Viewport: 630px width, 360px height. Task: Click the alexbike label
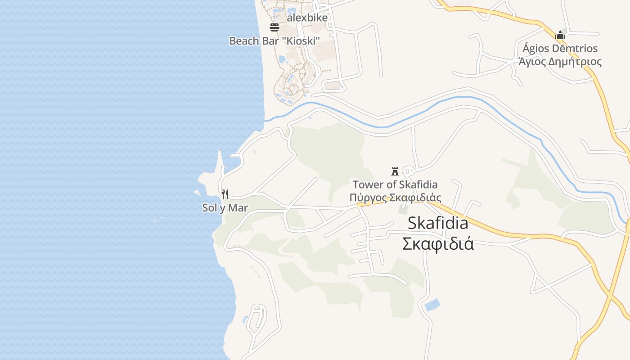pyautogui.click(x=307, y=18)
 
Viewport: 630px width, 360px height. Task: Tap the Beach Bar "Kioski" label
pyautogui.click(x=274, y=41)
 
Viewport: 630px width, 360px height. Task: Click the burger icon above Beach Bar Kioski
pyautogui.click(x=274, y=27)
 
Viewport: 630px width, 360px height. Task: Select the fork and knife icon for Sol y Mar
pyautogui.click(x=225, y=194)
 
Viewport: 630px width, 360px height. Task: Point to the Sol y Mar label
pyautogui.click(x=225, y=208)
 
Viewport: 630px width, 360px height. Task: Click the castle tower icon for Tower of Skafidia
pyautogui.click(x=395, y=171)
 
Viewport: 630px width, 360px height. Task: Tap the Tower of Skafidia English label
pyautogui.click(x=395, y=184)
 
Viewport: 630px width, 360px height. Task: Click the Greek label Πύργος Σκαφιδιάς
pyautogui.click(x=395, y=198)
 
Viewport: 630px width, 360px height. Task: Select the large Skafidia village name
pyautogui.click(x=438, y=223)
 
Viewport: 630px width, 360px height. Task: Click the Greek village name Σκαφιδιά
pyautogui.click(x=438, y=243)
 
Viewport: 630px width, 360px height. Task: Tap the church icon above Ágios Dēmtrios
pyautogui.click(x=560, y=35)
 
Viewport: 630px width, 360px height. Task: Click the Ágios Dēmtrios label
pyautogui.click(x=560, y=48)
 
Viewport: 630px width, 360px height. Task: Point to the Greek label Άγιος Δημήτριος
pyautogui.click(x=560, y=62)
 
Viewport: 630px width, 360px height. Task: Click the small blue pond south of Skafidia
pyautogui.click(x=432, y=305)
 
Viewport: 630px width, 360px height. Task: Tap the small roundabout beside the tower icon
pyautogui.click(x=409, y=171)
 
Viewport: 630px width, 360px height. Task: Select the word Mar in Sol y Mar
pyautogui.click(x=238, y=208)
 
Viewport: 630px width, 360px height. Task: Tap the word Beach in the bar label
pyautogui.click(x=244, y=41)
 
